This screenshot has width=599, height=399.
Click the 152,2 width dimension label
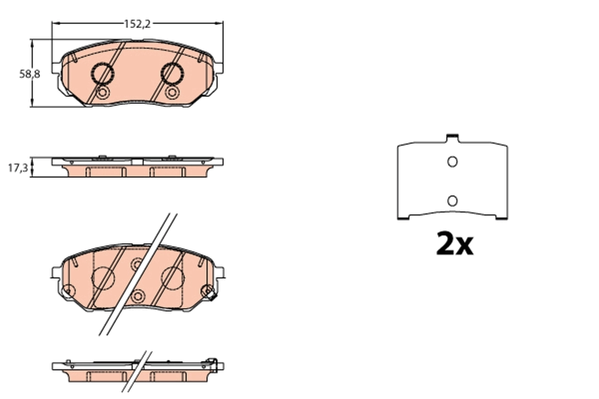pos(137,23)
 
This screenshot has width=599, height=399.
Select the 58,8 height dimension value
pos(29,74)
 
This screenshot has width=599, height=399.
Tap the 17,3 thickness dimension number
pos(17,168)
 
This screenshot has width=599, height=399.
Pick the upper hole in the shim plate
pos(452,162)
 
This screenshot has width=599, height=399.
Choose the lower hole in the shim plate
pos(452,200)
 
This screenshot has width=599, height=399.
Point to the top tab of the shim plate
pos(452,136)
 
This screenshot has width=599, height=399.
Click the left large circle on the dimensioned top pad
pos(103,74)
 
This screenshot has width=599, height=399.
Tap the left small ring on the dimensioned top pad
pos(102,93)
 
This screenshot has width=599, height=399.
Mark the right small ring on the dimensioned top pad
pos(172,93)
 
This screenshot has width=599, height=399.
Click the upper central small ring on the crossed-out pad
pos(137,264)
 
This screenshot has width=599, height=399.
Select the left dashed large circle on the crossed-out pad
pos(104,277)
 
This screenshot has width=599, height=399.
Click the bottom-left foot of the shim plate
pos(403,217)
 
